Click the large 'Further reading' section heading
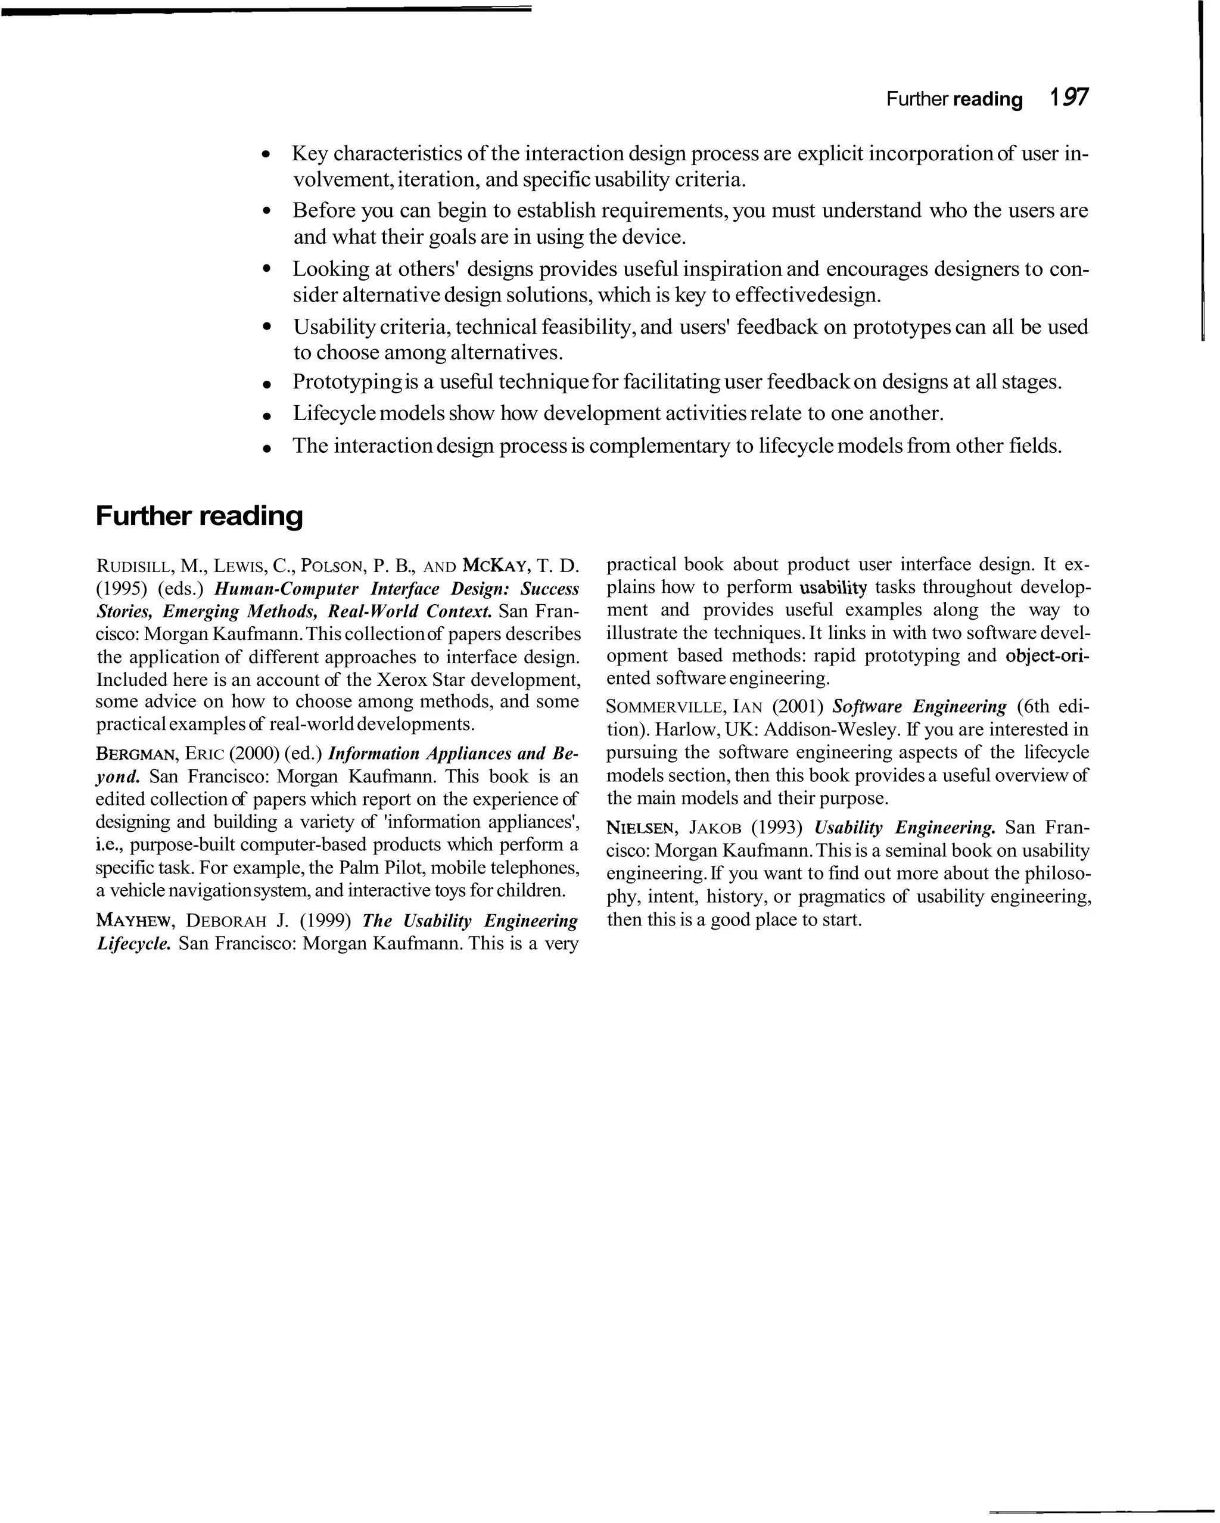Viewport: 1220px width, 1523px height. [198, 515]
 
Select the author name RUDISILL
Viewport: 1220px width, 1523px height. [133, 566]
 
